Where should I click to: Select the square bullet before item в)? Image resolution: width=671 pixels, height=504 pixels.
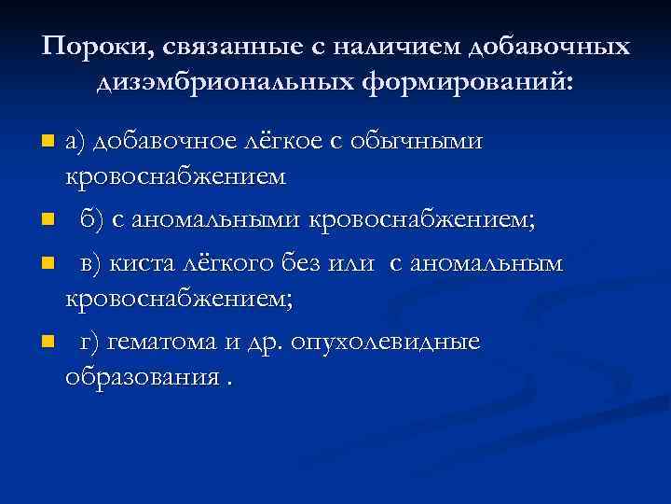[x=48, y=263]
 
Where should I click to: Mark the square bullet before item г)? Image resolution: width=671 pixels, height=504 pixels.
[x=48, y=343]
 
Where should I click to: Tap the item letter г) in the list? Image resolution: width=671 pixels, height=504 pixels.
[x=89, y=343]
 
